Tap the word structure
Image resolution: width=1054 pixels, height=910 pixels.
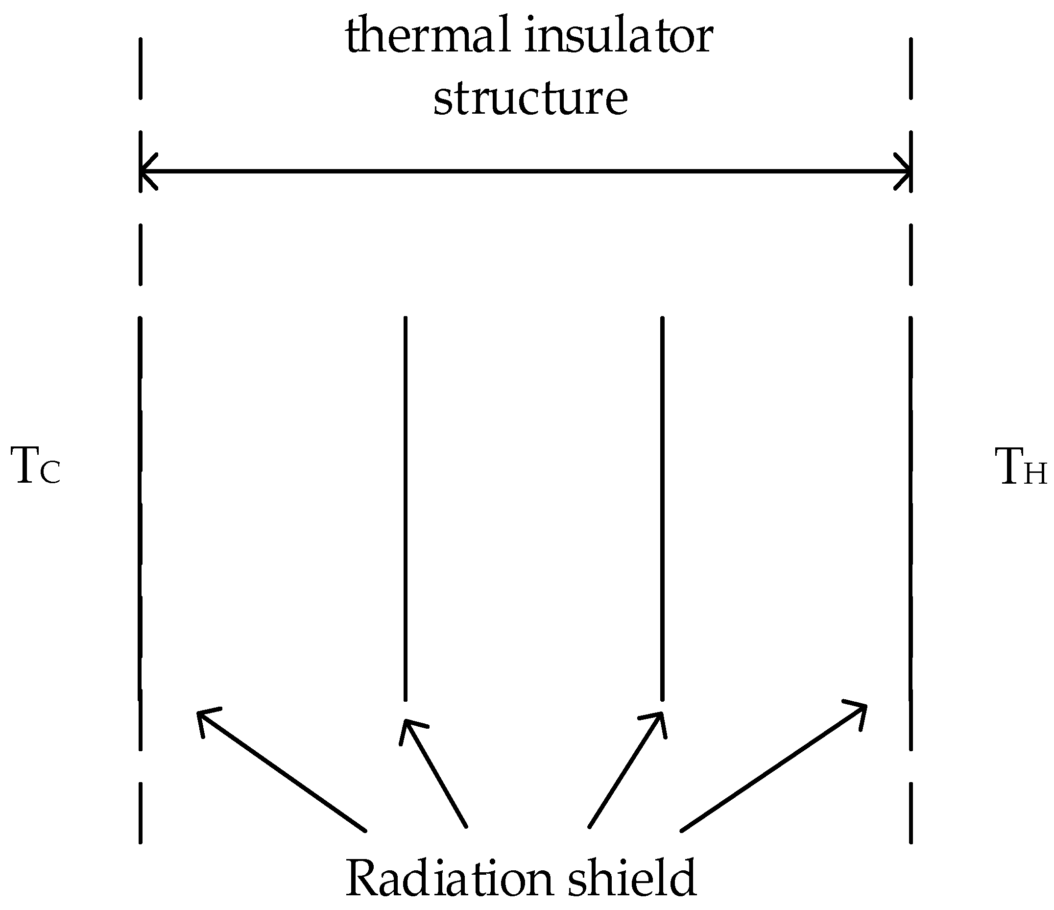[530, 98]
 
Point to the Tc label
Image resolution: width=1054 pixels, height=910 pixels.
[36, 466]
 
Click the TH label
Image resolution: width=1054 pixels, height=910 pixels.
[1019, 466]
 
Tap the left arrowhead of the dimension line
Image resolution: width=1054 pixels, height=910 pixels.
[147, 171]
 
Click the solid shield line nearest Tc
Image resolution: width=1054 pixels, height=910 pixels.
[140, 509]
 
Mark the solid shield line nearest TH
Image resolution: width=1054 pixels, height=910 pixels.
[910, 509]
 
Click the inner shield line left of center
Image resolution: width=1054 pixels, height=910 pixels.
[405, 509]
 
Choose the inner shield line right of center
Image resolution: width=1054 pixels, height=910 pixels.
[662, 509]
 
